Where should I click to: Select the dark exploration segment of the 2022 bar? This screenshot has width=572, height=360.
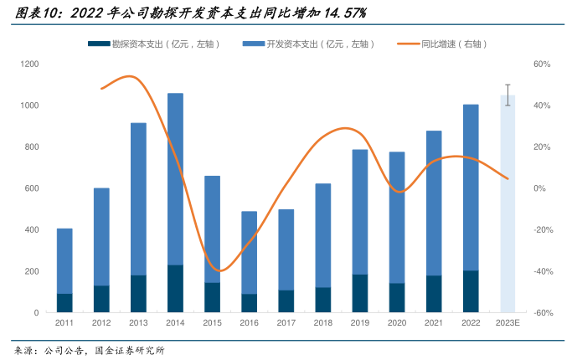(472, 291)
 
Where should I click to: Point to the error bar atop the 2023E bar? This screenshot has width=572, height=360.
(508, 95)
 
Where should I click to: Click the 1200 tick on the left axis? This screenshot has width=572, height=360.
(30, 64)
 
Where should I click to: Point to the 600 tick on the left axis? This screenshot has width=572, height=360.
(33, 188)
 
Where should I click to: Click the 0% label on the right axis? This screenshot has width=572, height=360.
(540, 188)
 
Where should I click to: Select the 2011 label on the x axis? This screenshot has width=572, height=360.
(64, 323)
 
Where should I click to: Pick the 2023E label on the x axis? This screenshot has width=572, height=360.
(508, 323)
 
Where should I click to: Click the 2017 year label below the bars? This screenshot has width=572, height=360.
(286, 323)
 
